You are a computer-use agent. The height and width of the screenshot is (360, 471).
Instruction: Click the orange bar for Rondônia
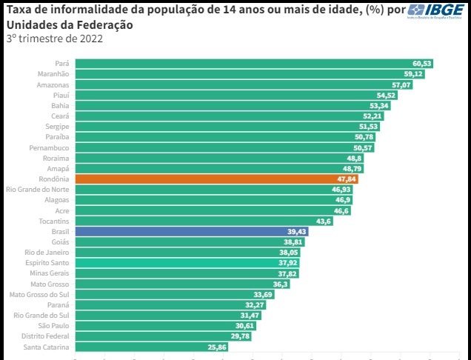click(215, 179)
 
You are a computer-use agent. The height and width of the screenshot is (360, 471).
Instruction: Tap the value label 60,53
click(422, 64)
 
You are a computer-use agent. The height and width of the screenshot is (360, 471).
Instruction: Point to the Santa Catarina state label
click(46, 347)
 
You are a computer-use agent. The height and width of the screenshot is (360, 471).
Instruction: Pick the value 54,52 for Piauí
click(386, 96)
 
